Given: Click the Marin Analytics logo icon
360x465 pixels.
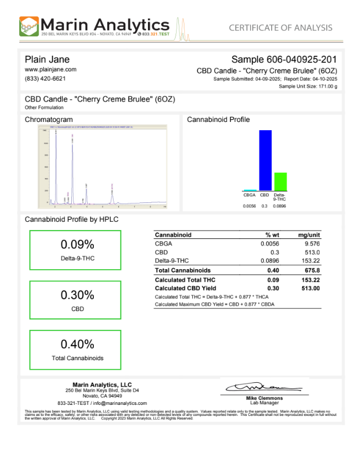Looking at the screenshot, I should [29, 26].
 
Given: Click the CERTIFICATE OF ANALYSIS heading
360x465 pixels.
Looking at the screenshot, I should [280, 28].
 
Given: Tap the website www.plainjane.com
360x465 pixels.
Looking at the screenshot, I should [50, 70].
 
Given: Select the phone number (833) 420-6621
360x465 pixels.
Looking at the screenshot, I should [45, 78].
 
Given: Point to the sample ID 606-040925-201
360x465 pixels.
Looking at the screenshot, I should [305, 59].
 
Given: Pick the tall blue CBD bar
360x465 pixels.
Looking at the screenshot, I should [265, 160].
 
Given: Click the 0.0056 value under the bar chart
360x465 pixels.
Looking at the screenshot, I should [250, 206].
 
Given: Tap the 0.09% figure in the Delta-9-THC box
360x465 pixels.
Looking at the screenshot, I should [77, 245].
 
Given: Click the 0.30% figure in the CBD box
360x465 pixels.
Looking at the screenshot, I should [77, 295].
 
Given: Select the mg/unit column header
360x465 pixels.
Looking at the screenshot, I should [309, 235].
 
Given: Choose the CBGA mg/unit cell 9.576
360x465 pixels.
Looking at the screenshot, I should [311, 243].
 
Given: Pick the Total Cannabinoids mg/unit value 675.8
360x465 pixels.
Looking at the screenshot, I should [311, 270].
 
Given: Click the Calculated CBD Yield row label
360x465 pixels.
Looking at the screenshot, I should [185, 288].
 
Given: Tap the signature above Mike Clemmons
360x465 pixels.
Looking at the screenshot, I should [264, 388].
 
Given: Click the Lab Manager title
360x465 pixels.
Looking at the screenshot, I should [264, 403].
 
